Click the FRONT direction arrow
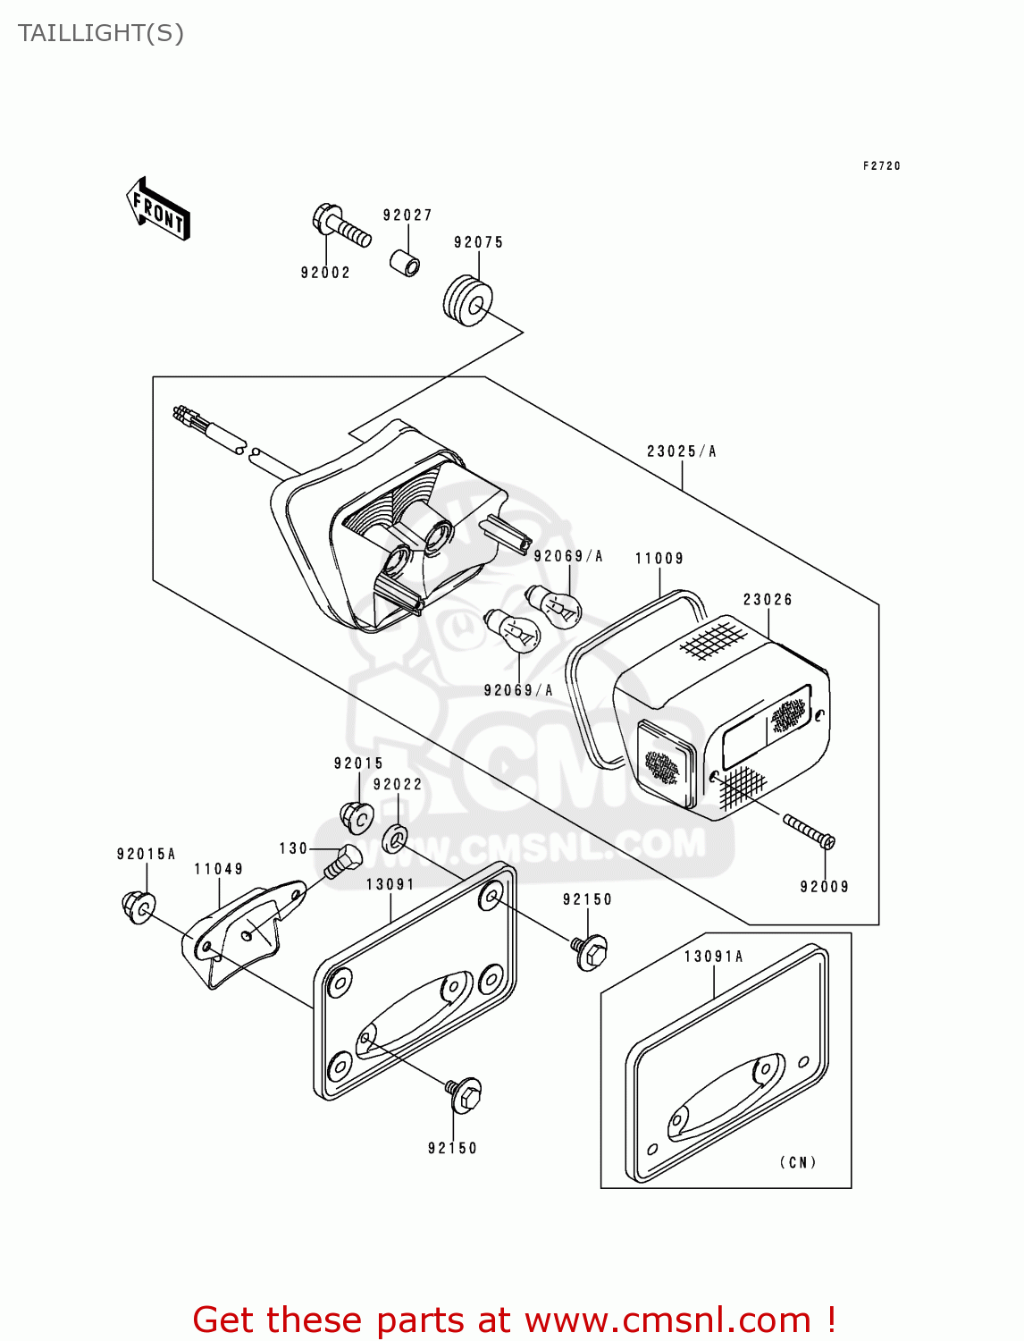pyautogui.click(x=157, y=209)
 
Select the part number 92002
pyautogui.click(x=325, y=273)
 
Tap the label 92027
pyautogui.click(x=407, y=215)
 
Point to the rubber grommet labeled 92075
pyautogui.click(x=467, y=301)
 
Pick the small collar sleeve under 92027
pyautogui.click(x=405, y=262)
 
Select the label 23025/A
pyautogui.click(x=682, y=451)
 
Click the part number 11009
pyautogui.click(x=659, y=559)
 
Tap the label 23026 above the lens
pyautogui.click(x=768, y=600)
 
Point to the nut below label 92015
pyautogui.click(x=357, y=818)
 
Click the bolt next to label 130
pyautogui.click(x=342, y=862)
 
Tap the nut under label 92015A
pyautogui.click(x=138, y=907)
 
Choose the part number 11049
pyautogui.click(x=219, y=869)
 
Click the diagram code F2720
pyautogui.click(x=882, y=165)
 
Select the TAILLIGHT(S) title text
pyautogui.click(x=101, y=34)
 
